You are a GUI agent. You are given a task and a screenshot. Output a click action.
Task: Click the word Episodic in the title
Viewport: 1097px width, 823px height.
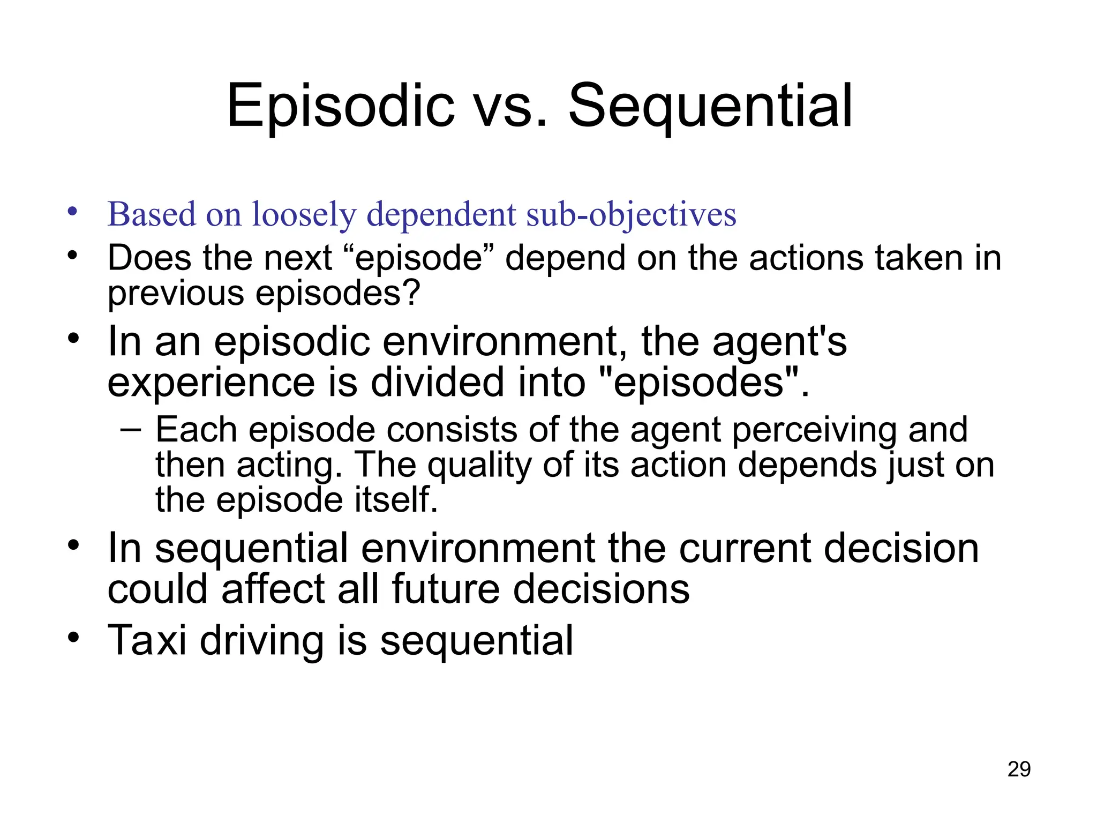341,106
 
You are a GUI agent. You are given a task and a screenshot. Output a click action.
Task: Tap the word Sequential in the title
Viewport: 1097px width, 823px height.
710,106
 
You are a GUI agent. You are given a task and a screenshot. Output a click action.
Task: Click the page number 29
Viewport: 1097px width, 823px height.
1019,769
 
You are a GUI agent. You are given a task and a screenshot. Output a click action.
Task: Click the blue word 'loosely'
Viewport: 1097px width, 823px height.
304,214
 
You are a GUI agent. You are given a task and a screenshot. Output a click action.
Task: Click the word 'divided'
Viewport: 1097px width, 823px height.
437,382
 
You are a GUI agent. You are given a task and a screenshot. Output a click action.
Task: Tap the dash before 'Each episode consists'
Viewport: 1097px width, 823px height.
131,429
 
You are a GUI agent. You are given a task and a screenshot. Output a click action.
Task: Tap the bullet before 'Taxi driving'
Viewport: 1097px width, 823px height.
73,638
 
